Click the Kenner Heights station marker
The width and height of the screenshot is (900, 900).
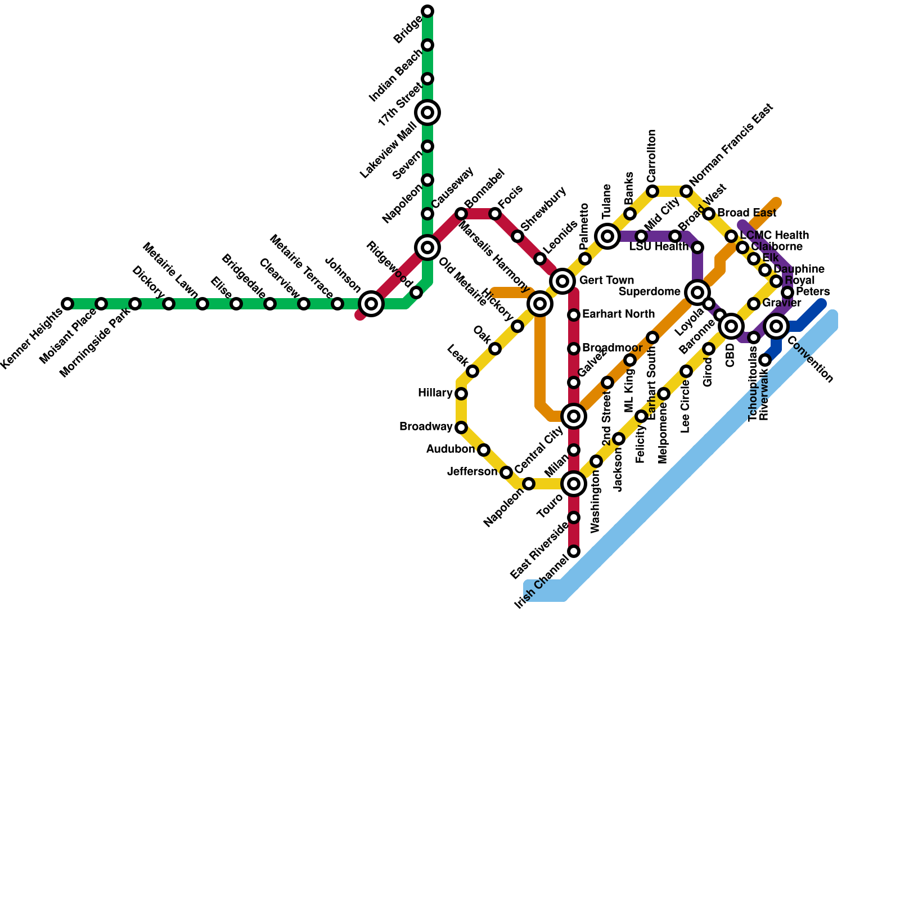67,304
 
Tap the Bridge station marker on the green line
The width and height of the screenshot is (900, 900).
427,11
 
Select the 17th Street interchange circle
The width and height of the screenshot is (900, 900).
427,112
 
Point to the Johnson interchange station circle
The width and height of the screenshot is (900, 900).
371,304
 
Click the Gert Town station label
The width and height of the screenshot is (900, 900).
606,280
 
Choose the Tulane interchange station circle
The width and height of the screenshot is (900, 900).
607,236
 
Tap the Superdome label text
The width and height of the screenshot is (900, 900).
649,291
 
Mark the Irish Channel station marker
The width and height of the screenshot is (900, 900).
574,551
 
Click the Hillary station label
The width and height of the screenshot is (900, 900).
435,393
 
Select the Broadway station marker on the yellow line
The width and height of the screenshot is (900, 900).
461,427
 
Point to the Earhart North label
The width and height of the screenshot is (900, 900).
618,314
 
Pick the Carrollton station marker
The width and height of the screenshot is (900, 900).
652,191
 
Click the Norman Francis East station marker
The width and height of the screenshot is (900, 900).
686,191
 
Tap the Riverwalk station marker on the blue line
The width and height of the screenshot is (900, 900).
765,360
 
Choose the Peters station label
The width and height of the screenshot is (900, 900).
813,291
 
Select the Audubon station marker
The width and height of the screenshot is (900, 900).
484,450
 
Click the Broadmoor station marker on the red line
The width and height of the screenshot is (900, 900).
574,349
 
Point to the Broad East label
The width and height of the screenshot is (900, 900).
746,213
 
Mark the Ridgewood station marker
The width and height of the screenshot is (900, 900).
416,292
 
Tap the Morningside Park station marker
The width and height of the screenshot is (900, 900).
135,304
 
